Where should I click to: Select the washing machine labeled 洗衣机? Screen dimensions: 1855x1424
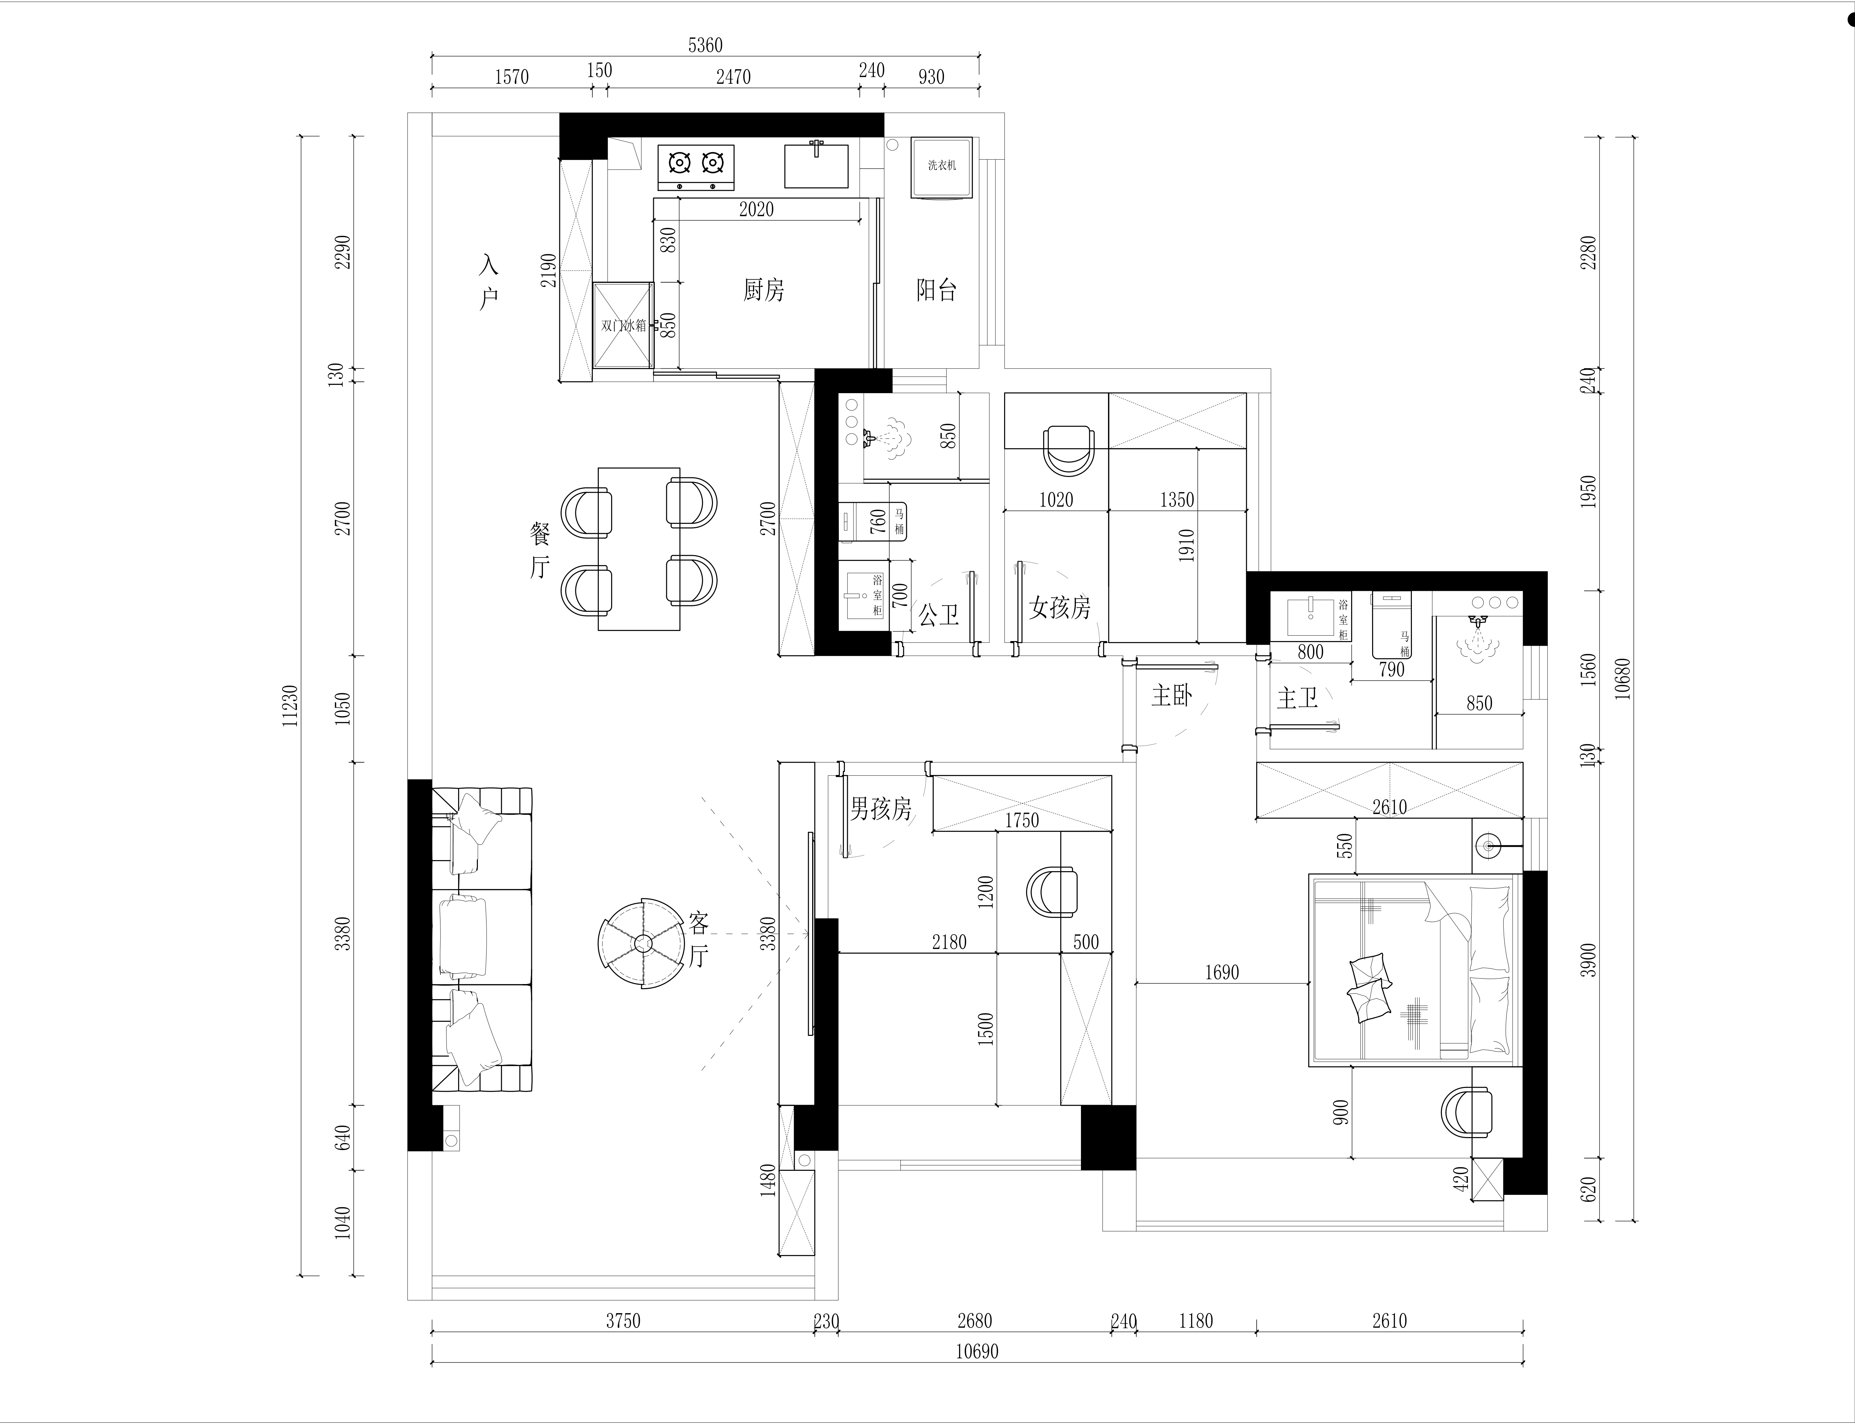941,167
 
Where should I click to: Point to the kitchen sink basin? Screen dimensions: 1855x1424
816,165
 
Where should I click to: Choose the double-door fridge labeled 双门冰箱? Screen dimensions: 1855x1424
623,325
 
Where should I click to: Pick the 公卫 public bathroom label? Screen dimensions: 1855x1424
939,615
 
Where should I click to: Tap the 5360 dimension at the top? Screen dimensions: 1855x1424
705,45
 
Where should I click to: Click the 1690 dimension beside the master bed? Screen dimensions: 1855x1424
1222,972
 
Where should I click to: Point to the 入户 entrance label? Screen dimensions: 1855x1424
489,282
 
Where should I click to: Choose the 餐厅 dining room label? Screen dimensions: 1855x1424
540,550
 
